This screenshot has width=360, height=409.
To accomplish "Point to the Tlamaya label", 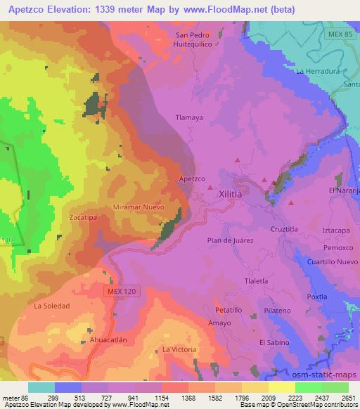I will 189,118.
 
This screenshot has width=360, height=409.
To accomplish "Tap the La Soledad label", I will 52,306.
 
